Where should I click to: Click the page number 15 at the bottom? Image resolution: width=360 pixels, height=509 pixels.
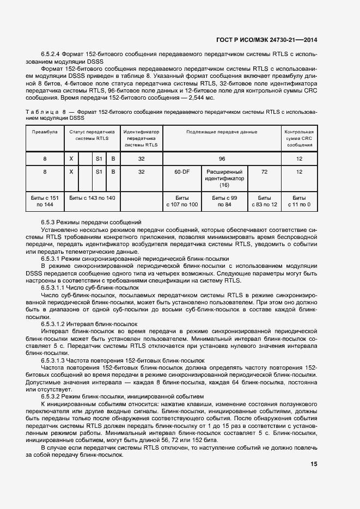(x=314, y=464)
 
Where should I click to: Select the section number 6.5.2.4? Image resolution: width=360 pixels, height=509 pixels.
(x=51, y=55)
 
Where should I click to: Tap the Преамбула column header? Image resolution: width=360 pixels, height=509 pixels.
(x=45, y=132)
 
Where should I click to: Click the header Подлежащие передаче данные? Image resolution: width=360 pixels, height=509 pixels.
(x=222, y=132)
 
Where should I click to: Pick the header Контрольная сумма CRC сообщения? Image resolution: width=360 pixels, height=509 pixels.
(x=299, y=139)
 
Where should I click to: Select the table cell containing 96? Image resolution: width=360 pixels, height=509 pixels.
(x=222, y=158)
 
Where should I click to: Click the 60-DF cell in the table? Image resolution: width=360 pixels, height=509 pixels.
(x=182, y=171)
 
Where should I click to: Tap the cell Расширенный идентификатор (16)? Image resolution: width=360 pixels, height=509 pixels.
(x=224, y=178)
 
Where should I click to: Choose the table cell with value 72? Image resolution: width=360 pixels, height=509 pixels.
(x=264, y=171)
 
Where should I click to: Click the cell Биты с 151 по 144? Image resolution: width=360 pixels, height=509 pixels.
(x=45, y=201)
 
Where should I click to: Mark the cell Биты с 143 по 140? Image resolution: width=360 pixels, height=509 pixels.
(x=92, y=198)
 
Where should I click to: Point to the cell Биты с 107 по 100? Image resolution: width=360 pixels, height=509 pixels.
(x=182, y=201)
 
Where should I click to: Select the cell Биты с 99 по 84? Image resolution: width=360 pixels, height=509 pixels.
(x=224, y=201)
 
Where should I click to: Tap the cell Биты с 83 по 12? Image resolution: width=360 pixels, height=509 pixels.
(x=264, y=201)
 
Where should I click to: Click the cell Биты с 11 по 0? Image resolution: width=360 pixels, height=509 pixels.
(x=299, y=201)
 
